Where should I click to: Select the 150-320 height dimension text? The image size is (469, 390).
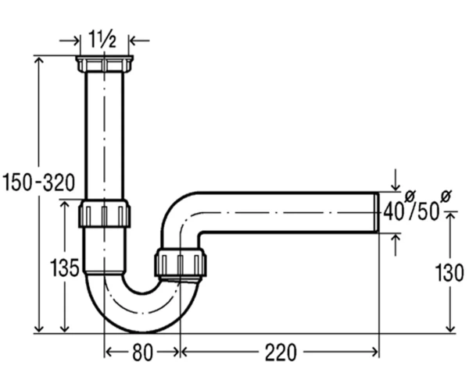pos(38,183)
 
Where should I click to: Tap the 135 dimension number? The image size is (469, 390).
pos(64,267)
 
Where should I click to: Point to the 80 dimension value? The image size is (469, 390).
pos(142,353)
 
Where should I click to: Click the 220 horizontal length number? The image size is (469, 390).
pos(281,353)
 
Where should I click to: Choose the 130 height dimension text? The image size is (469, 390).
pos(449,273)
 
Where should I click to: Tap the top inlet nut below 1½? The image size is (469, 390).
pos(105,64)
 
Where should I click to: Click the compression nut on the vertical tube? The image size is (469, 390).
pos(104,214)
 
